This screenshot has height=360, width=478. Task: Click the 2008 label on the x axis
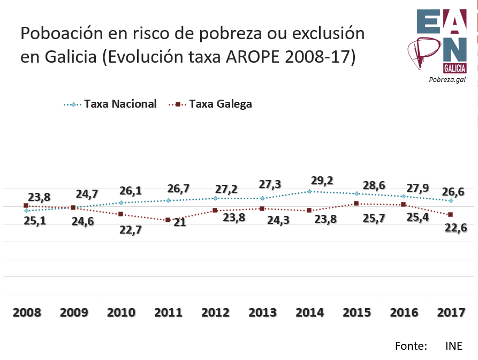pos(26,313)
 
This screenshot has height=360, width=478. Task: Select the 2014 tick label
pos(309,313)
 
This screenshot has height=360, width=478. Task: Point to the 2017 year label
pos(451,313)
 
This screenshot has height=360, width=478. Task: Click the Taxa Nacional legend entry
pos(120,104)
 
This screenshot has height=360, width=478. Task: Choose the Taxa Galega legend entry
pos(220,104)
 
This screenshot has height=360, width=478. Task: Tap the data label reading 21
pos(179,223)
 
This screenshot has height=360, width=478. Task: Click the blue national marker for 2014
pos(310,191)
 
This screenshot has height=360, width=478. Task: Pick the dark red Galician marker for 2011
pos(168,220)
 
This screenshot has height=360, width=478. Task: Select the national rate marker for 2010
pos(121,202)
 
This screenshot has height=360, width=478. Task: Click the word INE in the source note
pos(453,346)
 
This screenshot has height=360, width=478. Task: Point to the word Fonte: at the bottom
pos(411,346)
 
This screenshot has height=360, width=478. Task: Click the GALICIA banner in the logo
pos(454,69)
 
